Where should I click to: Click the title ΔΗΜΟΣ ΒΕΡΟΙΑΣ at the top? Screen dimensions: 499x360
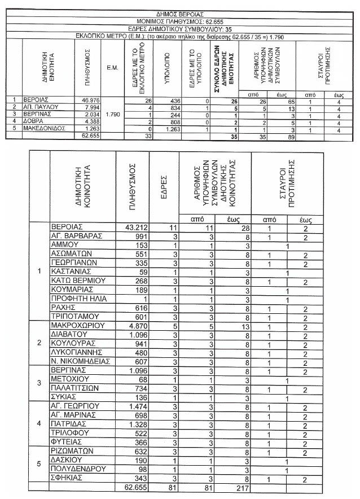(179, 13)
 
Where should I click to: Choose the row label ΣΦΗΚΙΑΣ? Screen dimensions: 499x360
(68, 478)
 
